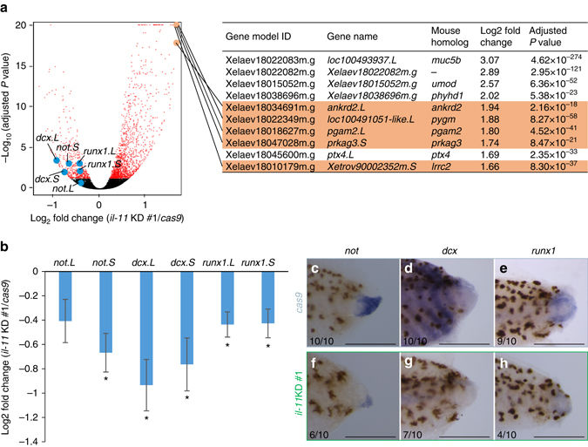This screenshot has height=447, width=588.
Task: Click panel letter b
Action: (x=5, y=247)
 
